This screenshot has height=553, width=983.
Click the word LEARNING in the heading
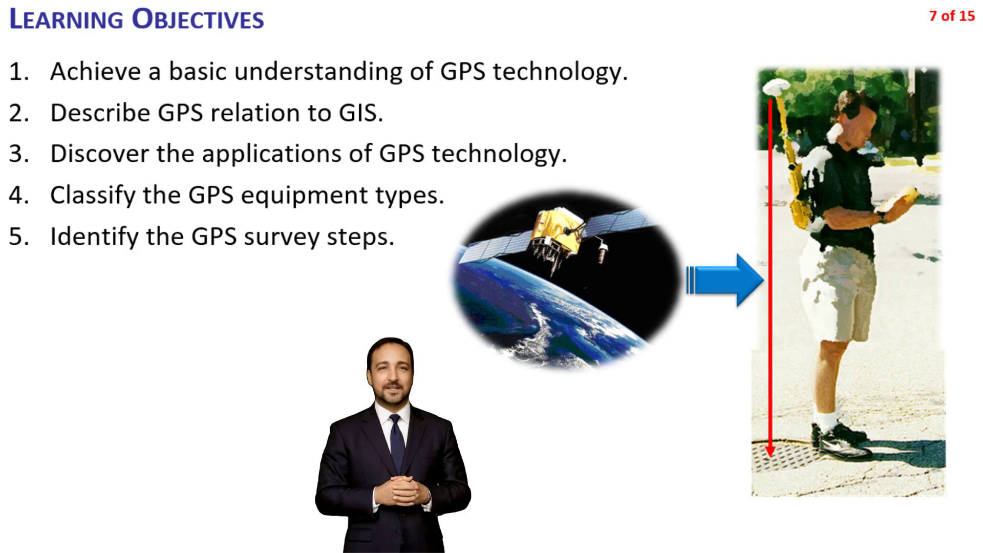pos(67,19)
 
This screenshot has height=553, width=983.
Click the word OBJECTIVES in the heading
pos(198,19)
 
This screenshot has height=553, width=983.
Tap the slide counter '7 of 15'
pos(952,16)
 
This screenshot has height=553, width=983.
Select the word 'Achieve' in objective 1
pos(96,71)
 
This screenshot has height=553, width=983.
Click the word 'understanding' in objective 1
pos(318,71)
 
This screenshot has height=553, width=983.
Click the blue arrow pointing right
pos(724,280)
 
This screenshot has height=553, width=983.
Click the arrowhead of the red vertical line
pos(770,450)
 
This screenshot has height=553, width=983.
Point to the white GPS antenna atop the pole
pos(777,86)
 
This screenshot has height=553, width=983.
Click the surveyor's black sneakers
pos(841,441)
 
